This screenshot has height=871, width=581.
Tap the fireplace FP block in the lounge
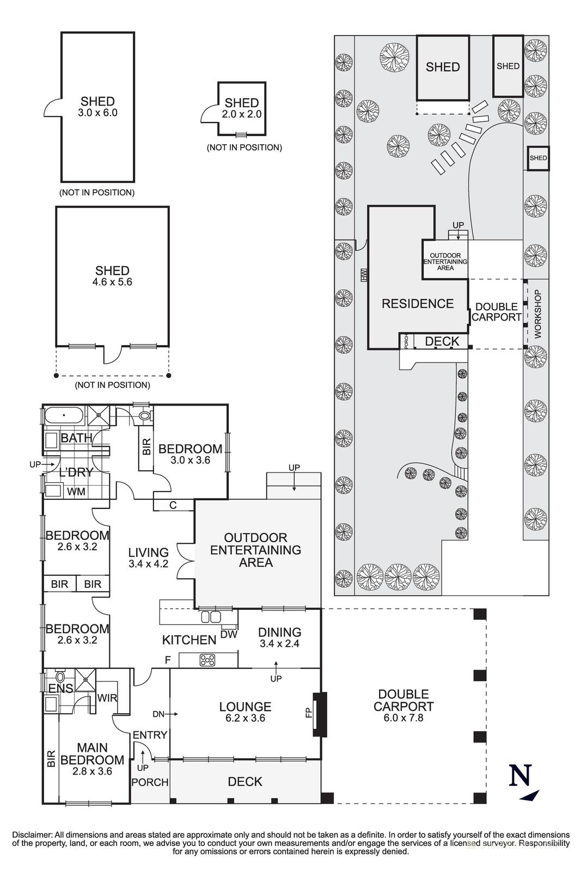pyautogui.click(x=321, y=714)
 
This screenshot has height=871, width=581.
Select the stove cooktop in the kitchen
pyautogui.click(x=207, y=660)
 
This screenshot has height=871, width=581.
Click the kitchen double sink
pyautogui.click(x=210, y=617)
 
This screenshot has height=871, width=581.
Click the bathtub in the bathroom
pyautogui.click(x=63, y=416)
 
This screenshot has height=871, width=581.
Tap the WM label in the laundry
pyautogui.click(x=76, y=492)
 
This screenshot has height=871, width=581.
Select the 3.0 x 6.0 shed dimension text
pyautogui.click(x=97, y=113)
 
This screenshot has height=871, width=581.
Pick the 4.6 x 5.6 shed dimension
pyautogui.click(x=112, y=282)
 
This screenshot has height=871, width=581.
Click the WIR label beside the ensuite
pyautogui.click(x=107, y=697)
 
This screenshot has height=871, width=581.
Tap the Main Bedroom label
pyautogui.click(x=92, y=754)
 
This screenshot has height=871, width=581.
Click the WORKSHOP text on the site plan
pyautogui.click(x=538, y=314)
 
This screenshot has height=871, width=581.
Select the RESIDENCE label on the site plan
pyautogui.click(x=417, y=303)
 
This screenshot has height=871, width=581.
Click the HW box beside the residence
pyautogui.click(x=364, y=275)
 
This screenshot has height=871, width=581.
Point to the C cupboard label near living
pyautogui.click(x=173, y=505)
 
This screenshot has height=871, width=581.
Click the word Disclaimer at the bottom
pyautogui.click(x=31, y=835)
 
